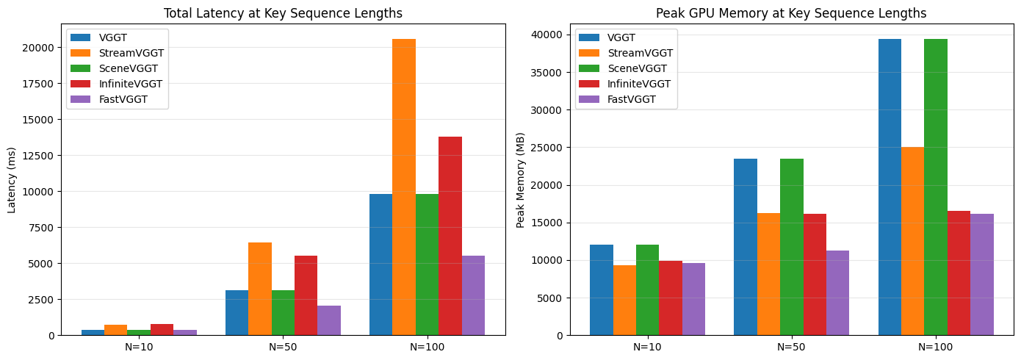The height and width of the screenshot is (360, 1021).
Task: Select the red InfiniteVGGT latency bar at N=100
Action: click(450, 236)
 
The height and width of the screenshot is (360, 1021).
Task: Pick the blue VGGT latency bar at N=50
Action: click(237, 313)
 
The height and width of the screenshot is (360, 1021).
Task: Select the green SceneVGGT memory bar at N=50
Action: click(792, 247)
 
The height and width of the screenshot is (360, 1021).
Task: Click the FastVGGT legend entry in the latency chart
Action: click(140, 99)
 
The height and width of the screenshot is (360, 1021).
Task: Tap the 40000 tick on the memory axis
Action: click(549, 35)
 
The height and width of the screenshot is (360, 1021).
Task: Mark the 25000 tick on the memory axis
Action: click(549, 148)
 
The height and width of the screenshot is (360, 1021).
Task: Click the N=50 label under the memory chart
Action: click(792, 346)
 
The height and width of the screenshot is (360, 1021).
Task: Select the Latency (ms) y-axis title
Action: click(12, 179)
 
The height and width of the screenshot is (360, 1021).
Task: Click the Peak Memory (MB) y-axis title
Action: click(521, 179)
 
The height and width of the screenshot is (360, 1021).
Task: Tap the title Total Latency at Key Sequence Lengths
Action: click(283, 13)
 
